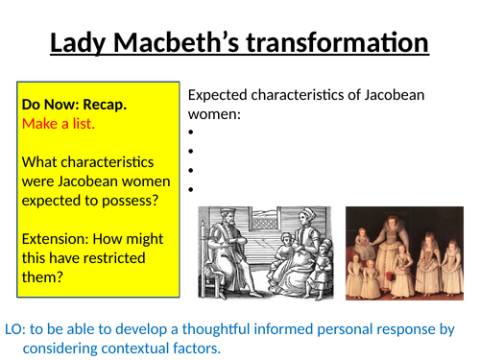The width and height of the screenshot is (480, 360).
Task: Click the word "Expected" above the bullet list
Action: [x=219, y=95]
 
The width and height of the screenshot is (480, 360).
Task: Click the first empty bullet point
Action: [x=192, y=133]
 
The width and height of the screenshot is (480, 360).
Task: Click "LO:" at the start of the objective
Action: [x=16, y=329]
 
